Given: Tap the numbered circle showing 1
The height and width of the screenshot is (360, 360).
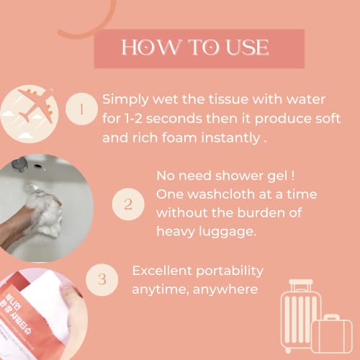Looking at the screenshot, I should [81, 110].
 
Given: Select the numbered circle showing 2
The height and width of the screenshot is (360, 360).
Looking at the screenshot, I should [127, 204].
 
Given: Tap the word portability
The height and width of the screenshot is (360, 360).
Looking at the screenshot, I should [229, 271].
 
